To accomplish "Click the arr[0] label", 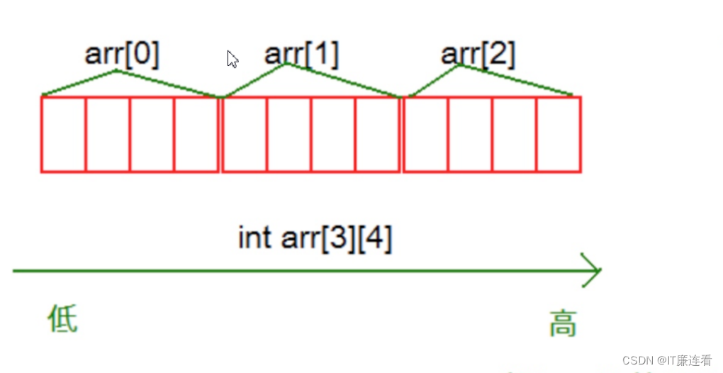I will (x=122, y=55).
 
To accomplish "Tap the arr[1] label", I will (x=301, y=53).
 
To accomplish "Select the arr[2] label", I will (x=478, y=54).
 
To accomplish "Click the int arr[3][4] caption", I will (x=315, y=238).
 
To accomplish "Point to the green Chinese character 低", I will (x=62, y=318).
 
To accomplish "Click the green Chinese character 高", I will (x=563, y=323).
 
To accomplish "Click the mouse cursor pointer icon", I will (x=232, y=59).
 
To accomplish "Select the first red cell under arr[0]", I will (x=64, y=134).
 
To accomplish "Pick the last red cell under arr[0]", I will (x=196, y=134).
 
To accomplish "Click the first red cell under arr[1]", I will (x=245, y=134).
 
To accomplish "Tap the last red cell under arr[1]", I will (x=377, y=134).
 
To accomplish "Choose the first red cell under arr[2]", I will (x=425, y=134).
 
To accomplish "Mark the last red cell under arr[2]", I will (x=559, y=134).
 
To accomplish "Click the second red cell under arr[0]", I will (x=108, y=134).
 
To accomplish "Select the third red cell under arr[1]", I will (x=333, y=134).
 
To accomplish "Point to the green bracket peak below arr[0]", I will (x=116, y=71).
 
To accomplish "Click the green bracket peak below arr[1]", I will (x=286, y=65).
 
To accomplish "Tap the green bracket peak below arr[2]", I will (x=460, y=65).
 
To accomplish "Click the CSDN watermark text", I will (x=666, y=360).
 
